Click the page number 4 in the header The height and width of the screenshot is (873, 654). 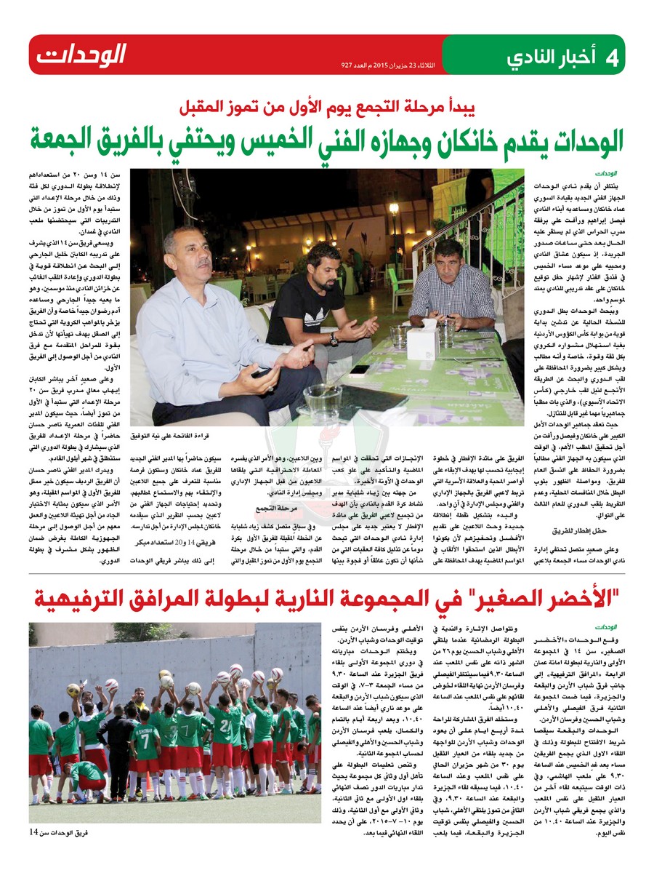611,57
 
